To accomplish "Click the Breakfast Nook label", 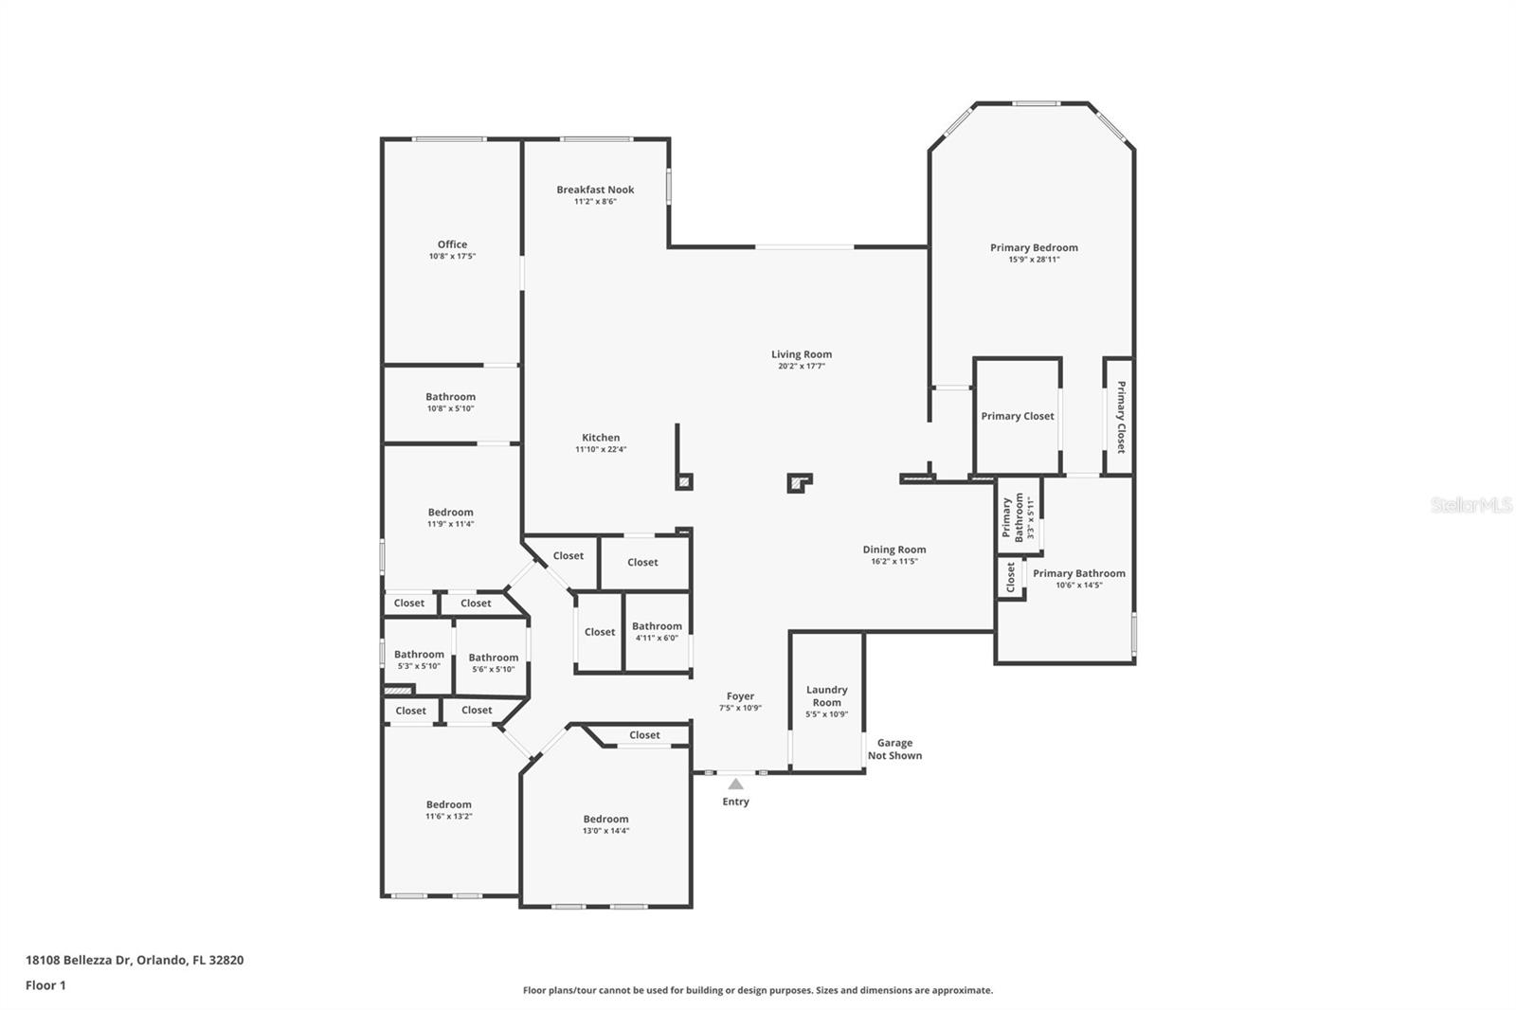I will click(595, 189).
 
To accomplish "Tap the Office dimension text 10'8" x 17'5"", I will click(452, 257).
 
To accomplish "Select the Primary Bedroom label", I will click(1034, 247).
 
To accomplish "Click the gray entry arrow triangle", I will click(735, 784).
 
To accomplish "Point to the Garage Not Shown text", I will click(894, 749).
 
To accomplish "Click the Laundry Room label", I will click(826, 695).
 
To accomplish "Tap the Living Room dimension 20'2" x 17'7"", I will click(801, 366).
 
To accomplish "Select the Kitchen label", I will click(601, 438).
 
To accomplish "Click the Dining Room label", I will click(893, 550).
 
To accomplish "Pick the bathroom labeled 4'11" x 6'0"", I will click(657, 631).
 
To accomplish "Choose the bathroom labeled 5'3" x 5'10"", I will click(419, 659).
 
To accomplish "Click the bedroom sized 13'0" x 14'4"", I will click(605, 824).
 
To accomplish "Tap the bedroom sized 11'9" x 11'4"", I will click(450, 517).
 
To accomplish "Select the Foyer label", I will click(740, 696).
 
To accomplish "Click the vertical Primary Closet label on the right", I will click(1121, 417).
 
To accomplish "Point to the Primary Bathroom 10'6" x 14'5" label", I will click(1079, 578).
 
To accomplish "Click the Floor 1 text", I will click(45, 985).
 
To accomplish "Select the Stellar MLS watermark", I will click(1471, 505).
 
